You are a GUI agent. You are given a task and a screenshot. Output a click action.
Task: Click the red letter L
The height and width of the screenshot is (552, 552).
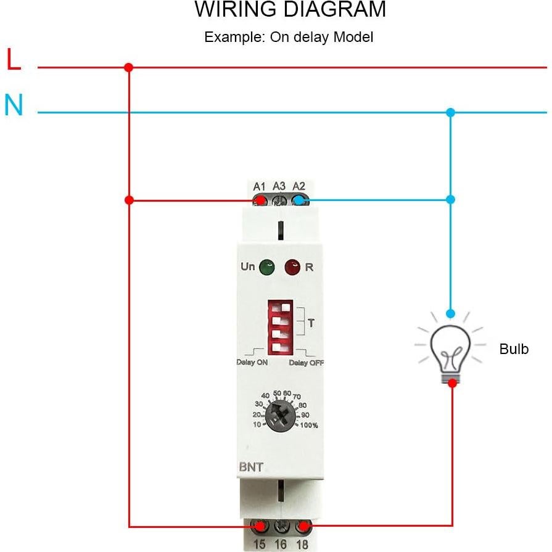14,60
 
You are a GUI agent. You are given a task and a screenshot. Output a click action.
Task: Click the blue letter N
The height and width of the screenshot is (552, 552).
14,105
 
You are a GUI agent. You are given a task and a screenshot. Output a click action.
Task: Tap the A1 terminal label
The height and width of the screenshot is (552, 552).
259,186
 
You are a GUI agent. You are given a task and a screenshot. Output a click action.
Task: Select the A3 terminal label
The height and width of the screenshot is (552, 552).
279,186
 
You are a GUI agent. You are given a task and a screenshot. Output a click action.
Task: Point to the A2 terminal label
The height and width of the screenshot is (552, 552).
299,186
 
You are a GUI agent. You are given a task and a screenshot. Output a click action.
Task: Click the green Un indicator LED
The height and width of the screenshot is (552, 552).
266,268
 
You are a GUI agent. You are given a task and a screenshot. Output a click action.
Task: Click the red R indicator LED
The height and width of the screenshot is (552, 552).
292,268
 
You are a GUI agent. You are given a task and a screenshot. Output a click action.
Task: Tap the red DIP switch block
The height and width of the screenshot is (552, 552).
281,327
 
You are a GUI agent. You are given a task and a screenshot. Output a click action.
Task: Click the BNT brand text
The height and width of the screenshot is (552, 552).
251,467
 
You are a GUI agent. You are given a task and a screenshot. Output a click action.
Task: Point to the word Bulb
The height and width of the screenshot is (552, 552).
514,349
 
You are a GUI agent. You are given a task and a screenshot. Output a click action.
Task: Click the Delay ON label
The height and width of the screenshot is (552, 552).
252,363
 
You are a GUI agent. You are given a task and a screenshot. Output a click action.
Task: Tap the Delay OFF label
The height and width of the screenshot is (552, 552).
306,363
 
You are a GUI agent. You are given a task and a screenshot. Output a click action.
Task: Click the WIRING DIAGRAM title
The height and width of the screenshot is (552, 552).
290,10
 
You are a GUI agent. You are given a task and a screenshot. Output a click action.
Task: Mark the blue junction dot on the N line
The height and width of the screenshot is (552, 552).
451,112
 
